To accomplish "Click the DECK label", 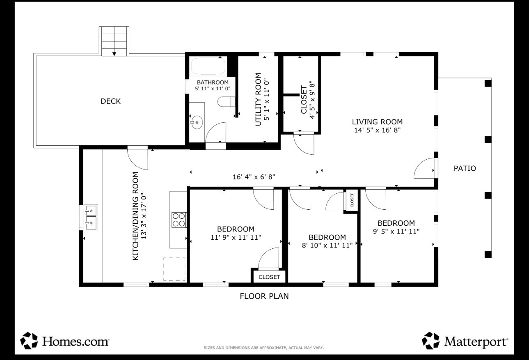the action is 110,101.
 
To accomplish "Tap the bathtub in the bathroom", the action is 208,66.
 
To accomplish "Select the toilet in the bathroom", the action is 226,101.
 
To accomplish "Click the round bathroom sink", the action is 197,122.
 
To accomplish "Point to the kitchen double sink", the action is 91,217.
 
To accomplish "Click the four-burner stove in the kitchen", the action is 179,220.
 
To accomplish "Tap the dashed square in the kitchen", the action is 174,269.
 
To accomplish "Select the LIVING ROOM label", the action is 377,122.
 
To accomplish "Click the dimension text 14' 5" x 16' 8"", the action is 377,130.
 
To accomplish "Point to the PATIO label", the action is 465,168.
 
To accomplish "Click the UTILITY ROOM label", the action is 259,99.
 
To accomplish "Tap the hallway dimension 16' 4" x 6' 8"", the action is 254,177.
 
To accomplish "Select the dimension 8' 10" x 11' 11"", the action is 327,245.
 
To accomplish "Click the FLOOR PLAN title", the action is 264,296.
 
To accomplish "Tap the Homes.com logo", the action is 64,341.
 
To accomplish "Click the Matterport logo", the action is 465,341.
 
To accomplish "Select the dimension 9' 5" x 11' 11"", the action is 396,231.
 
